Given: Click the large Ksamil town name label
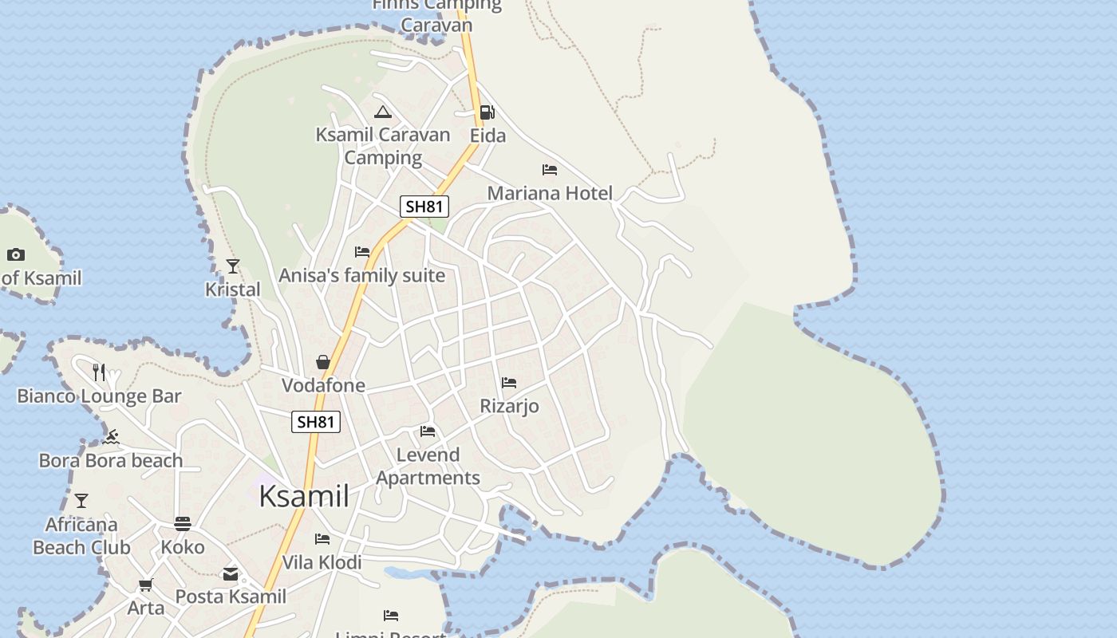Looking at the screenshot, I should point(304,496).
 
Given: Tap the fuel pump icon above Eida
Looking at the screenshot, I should point(487,112).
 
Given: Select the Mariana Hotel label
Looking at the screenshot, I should point(550,193).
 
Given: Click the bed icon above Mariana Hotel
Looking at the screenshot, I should point(549,170).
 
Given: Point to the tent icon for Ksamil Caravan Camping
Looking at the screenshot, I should point(383,112).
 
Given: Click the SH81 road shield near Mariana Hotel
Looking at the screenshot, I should point(424,207).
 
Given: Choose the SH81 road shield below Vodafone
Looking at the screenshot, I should point(316,422).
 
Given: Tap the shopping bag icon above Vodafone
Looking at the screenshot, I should point(323,363).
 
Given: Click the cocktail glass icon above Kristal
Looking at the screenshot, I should point(233,266).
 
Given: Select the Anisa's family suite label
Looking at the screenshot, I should point(361,276).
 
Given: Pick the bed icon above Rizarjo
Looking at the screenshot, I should point(509,384).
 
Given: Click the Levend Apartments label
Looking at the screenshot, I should point(428,467).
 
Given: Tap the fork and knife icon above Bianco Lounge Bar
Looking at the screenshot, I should point(99,372).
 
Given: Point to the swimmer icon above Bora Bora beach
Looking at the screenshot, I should point(112,437).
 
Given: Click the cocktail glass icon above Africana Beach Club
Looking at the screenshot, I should point(81,501).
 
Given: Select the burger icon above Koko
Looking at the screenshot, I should point(183,524).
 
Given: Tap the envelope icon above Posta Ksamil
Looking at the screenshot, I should point(231,574).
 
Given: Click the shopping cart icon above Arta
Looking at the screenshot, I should point(146,585).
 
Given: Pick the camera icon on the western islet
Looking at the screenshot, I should point(16,255).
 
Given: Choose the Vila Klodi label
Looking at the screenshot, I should point(322,562).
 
